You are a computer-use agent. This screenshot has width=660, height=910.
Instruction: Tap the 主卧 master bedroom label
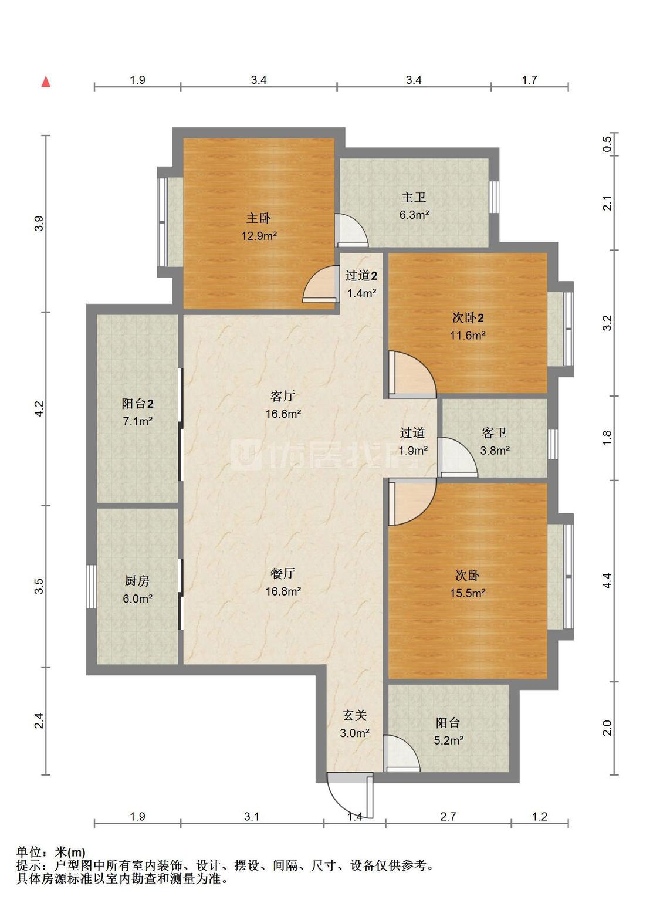(258, 218)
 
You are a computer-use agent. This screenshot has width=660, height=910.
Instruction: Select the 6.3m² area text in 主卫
(414, 215)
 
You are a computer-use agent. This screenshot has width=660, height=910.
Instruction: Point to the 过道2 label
(361, 275)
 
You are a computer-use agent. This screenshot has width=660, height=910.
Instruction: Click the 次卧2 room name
(468, 317)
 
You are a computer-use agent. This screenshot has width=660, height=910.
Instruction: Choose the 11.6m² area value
(468, 335)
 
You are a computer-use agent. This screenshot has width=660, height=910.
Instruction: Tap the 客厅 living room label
(283, 395)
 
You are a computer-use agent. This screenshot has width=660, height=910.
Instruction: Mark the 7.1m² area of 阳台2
(137, 421)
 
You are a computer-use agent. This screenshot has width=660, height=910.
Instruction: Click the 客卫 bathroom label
(495, 432)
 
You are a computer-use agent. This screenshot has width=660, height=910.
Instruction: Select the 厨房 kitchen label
(137, 581)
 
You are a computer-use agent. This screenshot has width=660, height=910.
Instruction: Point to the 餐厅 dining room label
(283, 573)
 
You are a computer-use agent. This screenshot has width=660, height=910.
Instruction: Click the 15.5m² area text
(468, 593)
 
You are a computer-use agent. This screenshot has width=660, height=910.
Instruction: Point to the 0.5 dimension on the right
(607, 144)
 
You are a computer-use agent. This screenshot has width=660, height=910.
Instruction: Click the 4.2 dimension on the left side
(39, 409)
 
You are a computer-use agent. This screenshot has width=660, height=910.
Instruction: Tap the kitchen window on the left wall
(92, 587)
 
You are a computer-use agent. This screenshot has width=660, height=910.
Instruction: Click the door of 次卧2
(412, 374)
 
